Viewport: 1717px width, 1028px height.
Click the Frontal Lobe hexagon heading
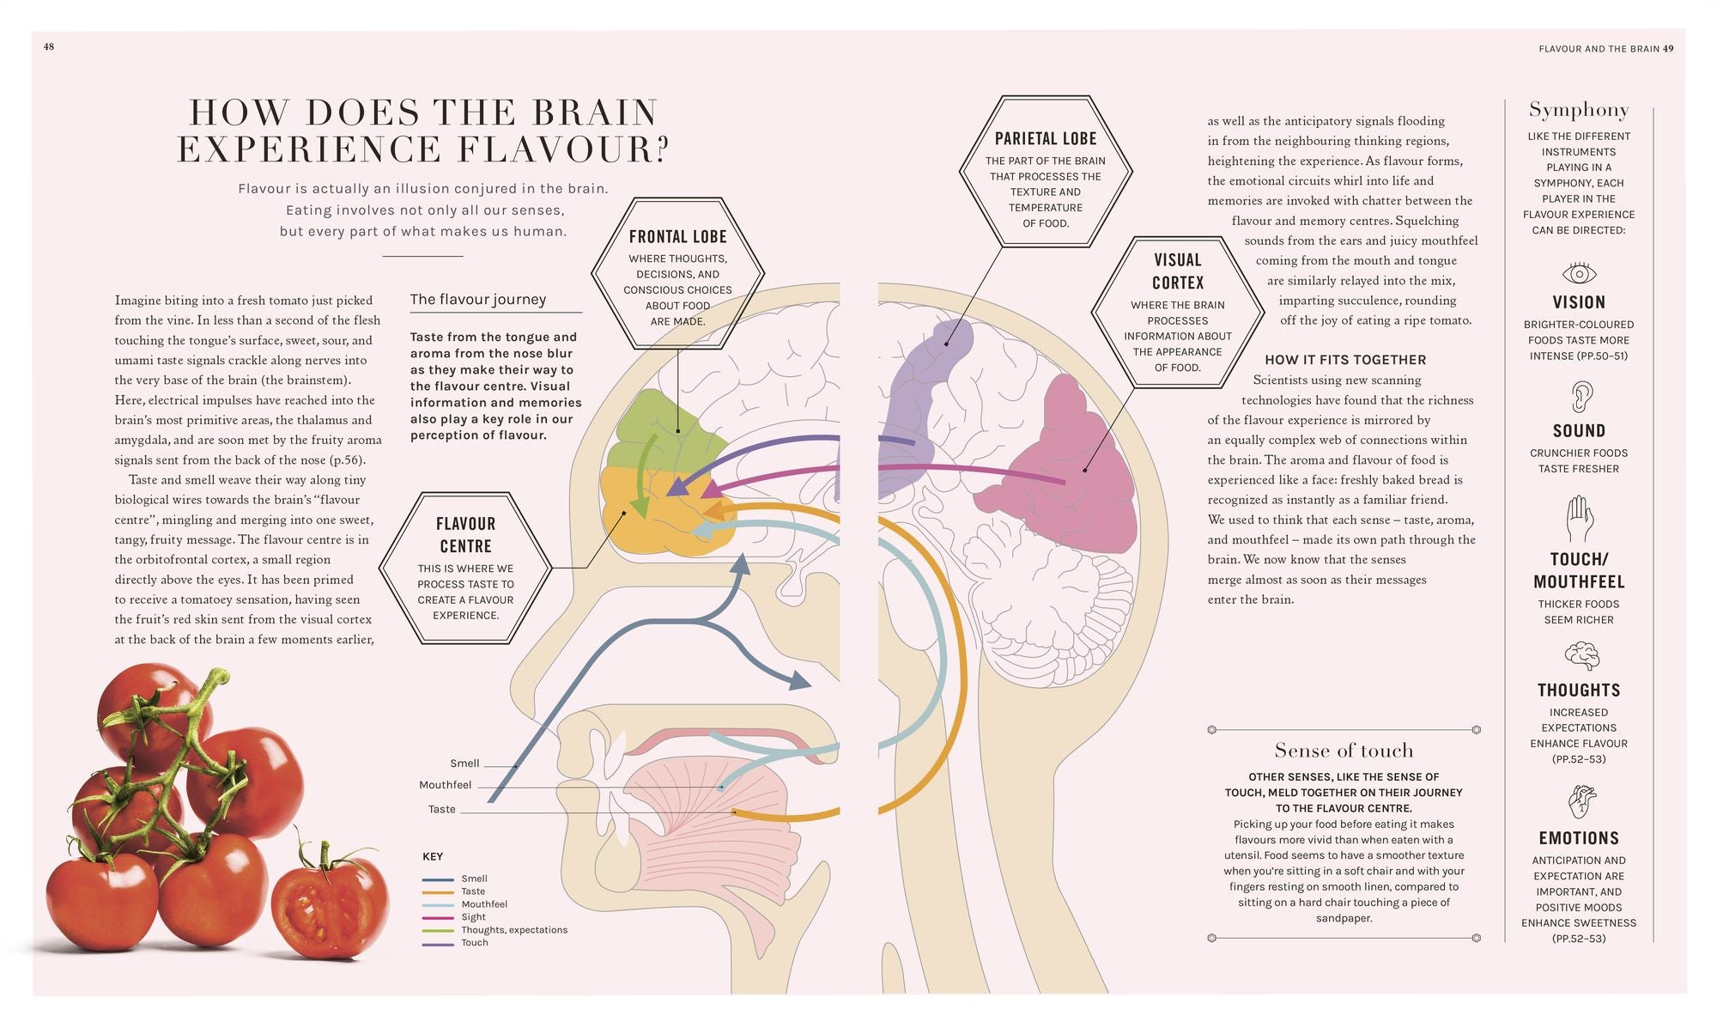[x=677, y=237]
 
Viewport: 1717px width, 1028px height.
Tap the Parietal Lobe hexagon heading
[x=1045, y=139]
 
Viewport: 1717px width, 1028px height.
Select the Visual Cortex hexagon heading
[x=1177, y=271]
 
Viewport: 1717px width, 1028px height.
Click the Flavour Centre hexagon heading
[x=465, y=535]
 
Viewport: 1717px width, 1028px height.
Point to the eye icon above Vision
[x=1579, y=274]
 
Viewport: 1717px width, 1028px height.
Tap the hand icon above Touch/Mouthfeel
[x=1579, y=519]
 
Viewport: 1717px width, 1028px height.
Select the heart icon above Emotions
[x=1580, y=802]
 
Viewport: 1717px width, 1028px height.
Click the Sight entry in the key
[x=473, y=917]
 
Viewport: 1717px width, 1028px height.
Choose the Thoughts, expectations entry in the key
[x=513, y=930]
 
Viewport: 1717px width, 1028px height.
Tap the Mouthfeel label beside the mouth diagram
[x=445, y=785]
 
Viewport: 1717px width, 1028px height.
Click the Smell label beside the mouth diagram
[x=464, y=763]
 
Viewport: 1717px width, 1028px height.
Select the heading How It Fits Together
[x=1344, y=360]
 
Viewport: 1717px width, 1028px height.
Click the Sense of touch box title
[x=1343, y=751]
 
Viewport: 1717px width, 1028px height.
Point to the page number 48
[x=49, y=47]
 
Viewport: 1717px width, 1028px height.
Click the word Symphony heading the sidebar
[x=1578, y=110]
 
